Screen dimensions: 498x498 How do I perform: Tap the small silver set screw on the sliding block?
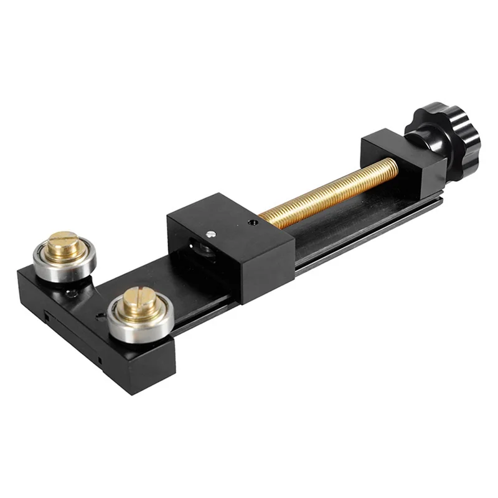click(x=211, y=234)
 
